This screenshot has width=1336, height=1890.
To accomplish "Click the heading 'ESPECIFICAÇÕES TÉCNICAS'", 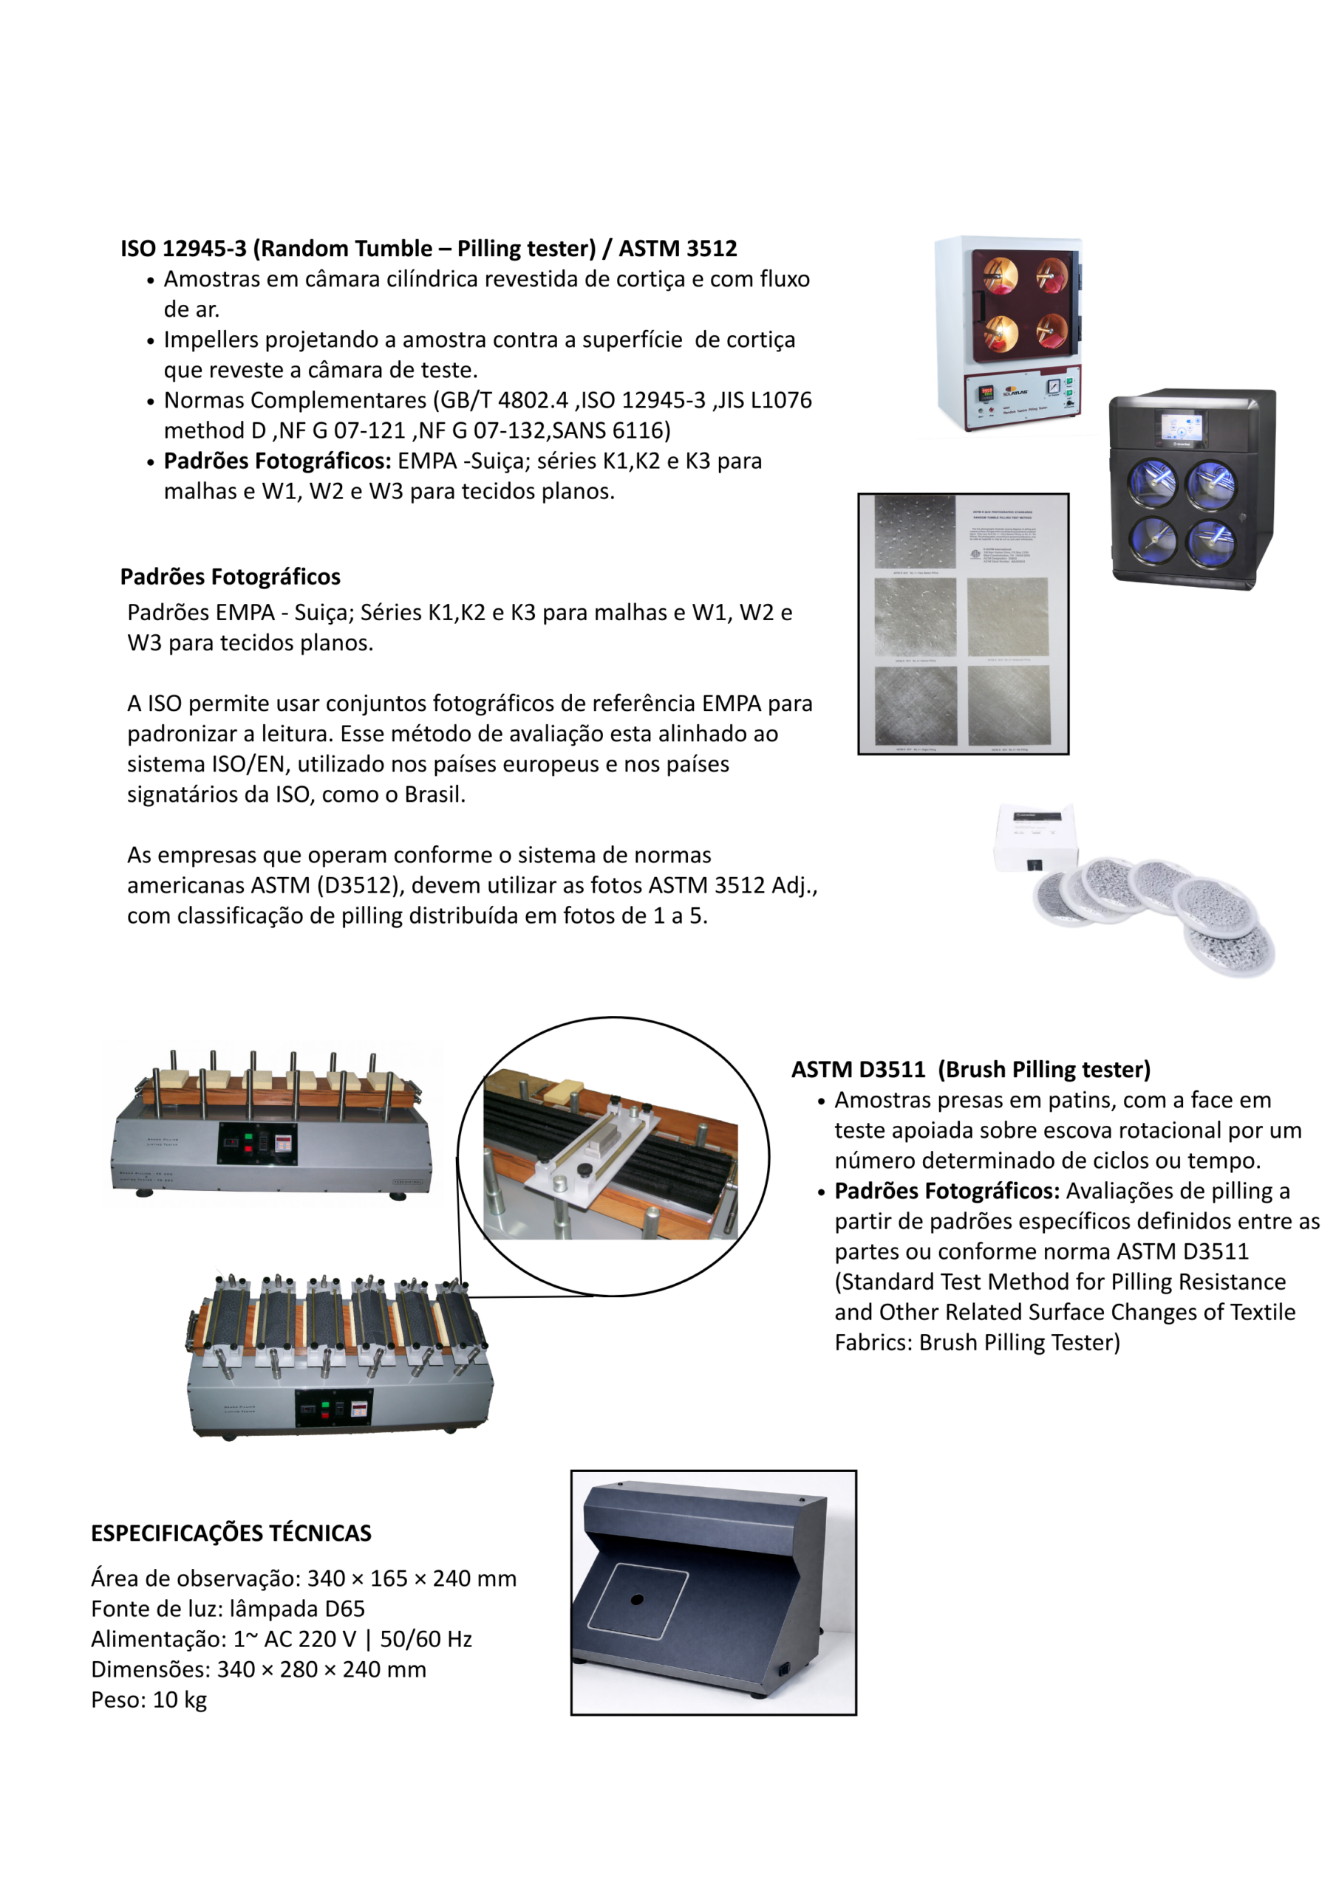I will click(x=231, y=1533).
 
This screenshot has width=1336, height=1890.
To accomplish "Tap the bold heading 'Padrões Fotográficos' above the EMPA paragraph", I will click(x=230, y=576).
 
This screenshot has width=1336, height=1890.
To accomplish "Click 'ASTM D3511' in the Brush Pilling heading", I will click(x=858, y=1069).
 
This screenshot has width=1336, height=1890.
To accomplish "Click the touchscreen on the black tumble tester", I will click(x=1181, y=429).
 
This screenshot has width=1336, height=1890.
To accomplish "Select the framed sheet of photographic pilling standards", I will click(x=963, y=623).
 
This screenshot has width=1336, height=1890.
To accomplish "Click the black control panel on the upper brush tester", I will click(x=256, y=1144).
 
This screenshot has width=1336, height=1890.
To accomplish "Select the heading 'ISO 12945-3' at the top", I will click(x=183, y=249).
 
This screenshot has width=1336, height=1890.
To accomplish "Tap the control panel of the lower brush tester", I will click(x=333, y=1409).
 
